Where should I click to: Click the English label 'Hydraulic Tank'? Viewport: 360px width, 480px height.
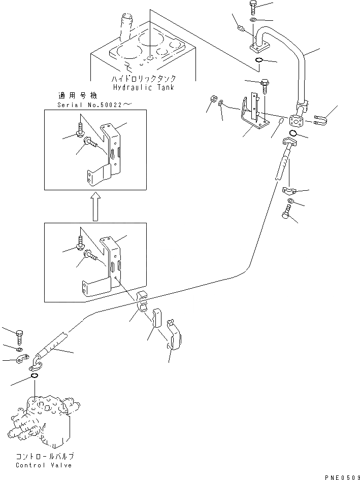tap(144, 87)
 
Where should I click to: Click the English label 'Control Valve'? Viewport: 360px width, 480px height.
tap(44, 465)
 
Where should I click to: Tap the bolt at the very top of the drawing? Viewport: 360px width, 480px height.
tap(253, 8)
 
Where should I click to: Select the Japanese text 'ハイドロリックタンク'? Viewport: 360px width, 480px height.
tap(144, 79)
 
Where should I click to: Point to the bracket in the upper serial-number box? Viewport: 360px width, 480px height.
tap(109, 152)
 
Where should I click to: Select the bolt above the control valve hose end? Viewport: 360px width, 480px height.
tap(19, 336)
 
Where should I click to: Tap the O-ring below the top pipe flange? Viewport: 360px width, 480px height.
tap(259, 61)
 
